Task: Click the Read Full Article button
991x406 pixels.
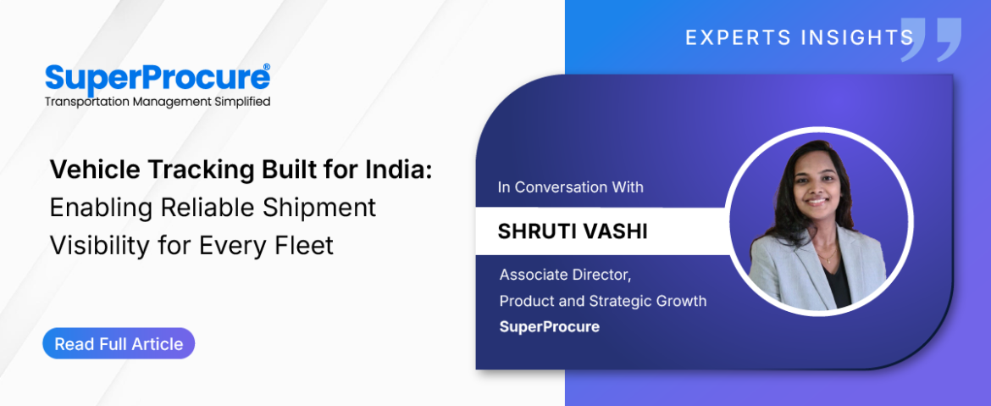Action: pyautogui.click(x=119, y=344)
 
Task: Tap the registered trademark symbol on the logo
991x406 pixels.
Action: pyautogui.click(x=266, y=67)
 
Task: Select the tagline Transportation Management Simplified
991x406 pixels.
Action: pyautogui.click(x=158, y=101)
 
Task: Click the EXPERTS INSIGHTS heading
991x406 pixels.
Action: pyautogui.click(x=800, y=38)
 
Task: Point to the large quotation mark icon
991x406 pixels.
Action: pyautogui.click(x=930, y=39)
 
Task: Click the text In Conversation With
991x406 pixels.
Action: pyautogui.click(x=571, y=187)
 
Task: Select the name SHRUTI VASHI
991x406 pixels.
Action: pyautogui.click(x=573, y=231)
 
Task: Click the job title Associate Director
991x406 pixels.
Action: pyautogui.click(x=566, y=275)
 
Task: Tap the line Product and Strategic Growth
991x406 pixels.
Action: pyautogui.click(x=603, y=301)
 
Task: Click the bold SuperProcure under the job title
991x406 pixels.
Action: pyautogui.click(x=549, y=327)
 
